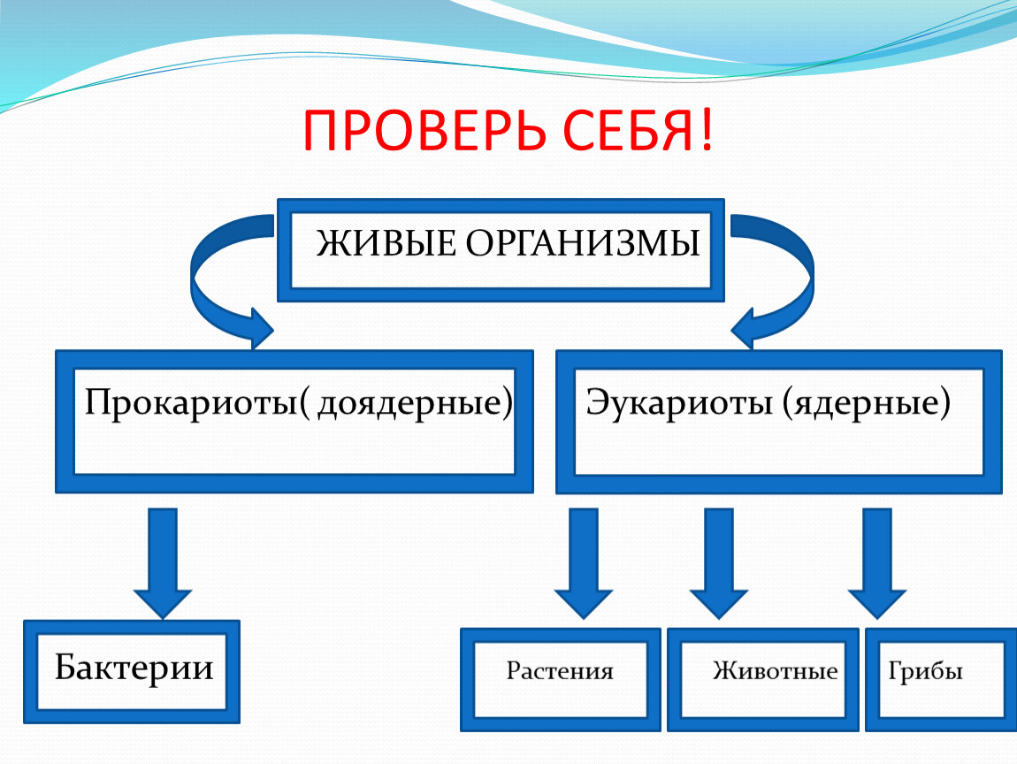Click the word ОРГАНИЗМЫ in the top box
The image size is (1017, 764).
pos(583,244)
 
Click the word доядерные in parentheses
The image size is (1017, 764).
pos(410,404)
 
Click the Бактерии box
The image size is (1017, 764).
pos(132,672)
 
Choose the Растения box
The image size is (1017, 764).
pos(561,680)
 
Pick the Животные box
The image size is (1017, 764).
pos(762,680)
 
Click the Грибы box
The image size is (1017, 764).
pos(941,680)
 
